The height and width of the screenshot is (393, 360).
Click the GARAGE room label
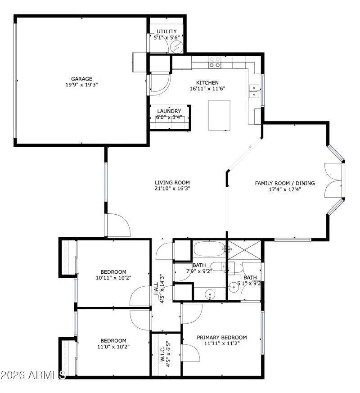81,78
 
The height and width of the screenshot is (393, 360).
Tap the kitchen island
219,115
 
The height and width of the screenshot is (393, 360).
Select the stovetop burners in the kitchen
214,62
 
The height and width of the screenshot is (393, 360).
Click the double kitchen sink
255,91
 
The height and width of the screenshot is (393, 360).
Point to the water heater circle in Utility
177,46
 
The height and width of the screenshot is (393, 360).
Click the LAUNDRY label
169,111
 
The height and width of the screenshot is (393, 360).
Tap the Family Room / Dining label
284,183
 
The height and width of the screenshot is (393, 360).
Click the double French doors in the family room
334,179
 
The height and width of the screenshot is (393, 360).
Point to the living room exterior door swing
118,225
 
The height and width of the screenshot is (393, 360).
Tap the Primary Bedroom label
221,337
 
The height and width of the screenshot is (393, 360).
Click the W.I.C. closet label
164,358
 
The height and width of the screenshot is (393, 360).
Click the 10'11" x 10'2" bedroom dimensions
113,278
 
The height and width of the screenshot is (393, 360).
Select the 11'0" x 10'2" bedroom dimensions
113,347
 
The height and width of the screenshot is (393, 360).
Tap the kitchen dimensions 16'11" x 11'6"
207,89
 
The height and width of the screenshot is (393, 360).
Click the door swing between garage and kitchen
161,86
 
